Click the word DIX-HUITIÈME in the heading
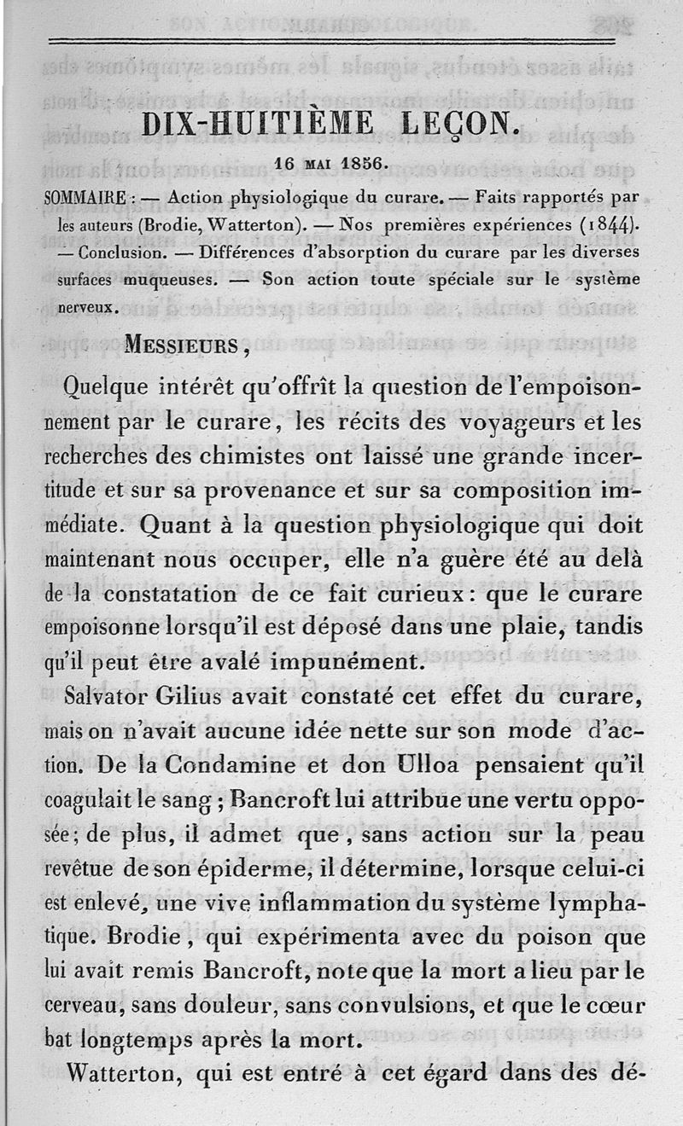pyautogui.click(x=257, y=124)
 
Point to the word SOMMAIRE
pyautogui.click(x=85, y=198)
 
